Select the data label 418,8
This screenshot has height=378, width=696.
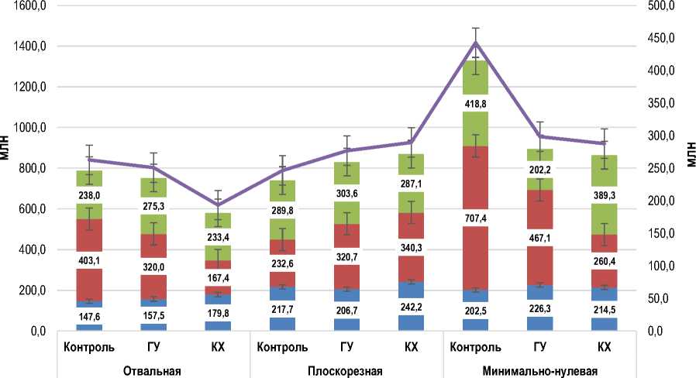pos(476,104)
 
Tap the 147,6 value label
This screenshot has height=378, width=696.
pos(90,316)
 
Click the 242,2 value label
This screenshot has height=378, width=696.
pos(411,306)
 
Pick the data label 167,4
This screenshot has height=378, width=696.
pos(218,256)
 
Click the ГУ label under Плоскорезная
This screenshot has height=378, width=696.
pos(346,346)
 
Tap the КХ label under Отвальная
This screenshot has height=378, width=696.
pos(218,346)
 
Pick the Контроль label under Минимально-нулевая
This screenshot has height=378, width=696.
pos(476,346)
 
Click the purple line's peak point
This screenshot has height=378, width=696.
pos(476,42)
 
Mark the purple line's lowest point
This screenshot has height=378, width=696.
pos(218,204)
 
